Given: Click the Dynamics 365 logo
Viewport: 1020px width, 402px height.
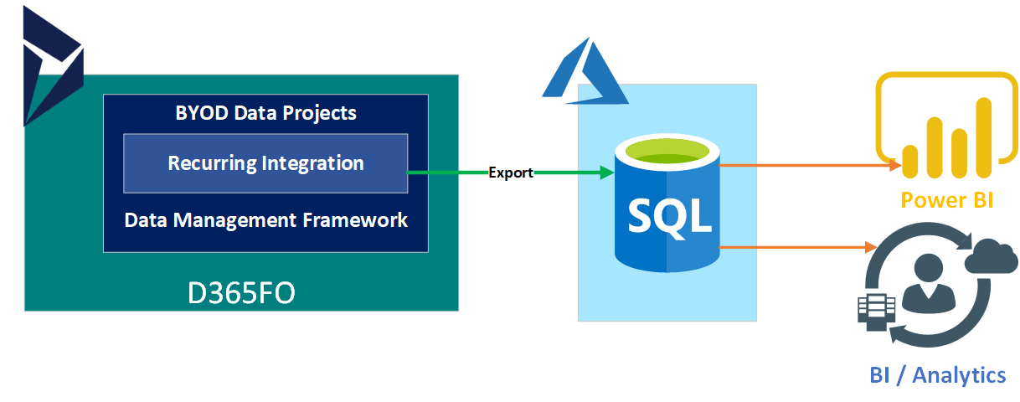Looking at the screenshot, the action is tap(54, 66).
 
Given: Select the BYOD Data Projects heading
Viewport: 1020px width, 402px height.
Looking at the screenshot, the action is tap(266, 113).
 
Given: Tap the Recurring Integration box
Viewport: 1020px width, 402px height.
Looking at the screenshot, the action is tap(265, 163).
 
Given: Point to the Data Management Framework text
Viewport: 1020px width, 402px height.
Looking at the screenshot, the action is tap(266, 220).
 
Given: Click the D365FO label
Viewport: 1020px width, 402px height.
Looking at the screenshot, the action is tap(241, 293).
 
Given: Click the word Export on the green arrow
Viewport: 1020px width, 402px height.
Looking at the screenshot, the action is tap(511, 173).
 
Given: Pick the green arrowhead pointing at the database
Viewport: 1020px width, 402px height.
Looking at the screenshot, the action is tap(607, 173).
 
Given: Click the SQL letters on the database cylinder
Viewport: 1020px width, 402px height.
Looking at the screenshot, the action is tap(669, 217).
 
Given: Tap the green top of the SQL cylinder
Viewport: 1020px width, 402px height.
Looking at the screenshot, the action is tap(667, 152).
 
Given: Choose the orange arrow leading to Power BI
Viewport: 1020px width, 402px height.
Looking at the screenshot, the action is tap(810, 165).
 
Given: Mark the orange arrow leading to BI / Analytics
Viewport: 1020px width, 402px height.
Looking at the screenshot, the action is tap(798, 247).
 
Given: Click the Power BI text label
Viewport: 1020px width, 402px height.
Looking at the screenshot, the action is tap(946, 200).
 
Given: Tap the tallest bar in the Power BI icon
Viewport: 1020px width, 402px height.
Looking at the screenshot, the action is tap(983, 137).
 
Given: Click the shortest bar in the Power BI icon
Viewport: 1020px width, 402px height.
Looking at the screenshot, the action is tap(909, 162).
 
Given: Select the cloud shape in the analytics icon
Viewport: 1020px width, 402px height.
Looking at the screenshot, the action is tap(991, 256).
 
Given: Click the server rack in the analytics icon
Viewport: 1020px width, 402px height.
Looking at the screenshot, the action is tap(876, 312).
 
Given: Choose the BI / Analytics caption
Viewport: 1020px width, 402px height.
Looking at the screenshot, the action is tap(938, 375).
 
